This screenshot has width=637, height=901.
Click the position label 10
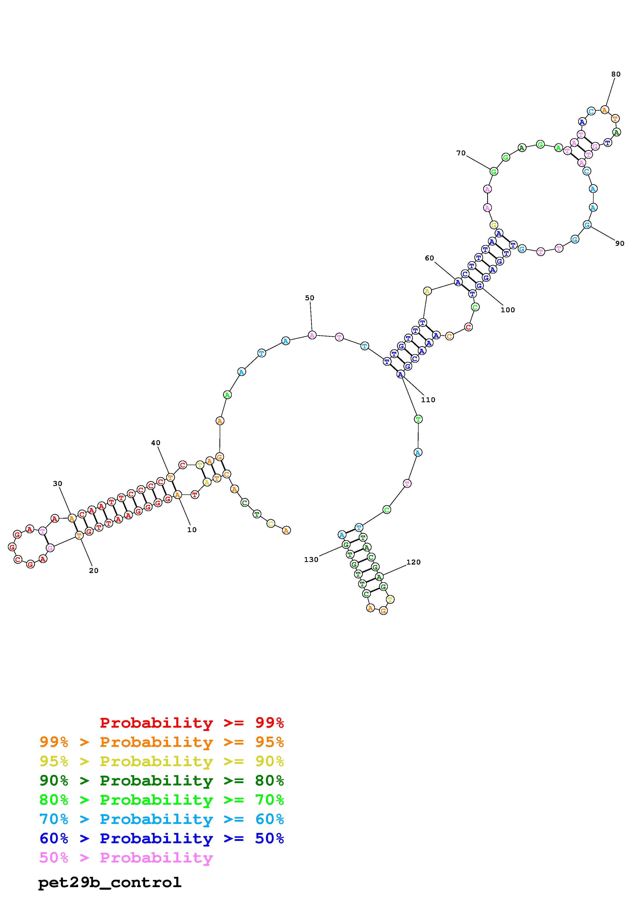192,530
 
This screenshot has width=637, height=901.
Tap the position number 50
310,298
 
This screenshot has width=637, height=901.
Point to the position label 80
616,74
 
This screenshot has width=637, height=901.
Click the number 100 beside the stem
507,309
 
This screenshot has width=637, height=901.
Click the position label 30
57,483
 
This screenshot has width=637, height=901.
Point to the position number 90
620,243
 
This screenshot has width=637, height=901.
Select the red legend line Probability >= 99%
192,722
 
